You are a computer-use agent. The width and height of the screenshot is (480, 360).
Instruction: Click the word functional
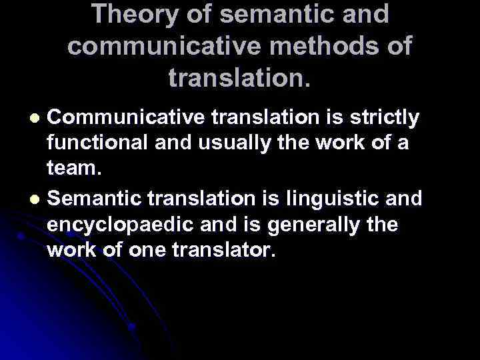pyautogui.click(x=101, y=145)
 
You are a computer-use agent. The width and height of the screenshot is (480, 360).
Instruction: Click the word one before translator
pyautogui.click(x=143, y=251)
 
